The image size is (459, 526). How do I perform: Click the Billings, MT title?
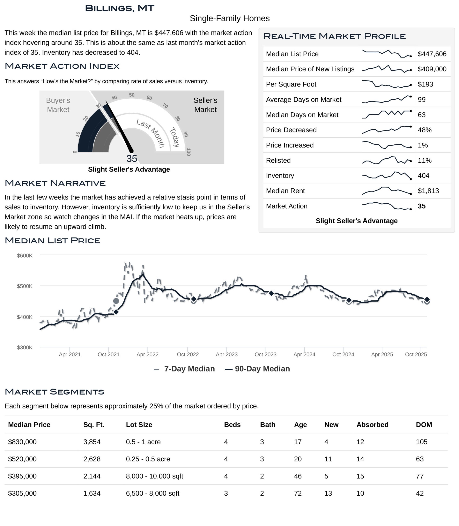coord(119,8)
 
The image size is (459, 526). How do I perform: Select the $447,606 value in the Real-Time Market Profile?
coord(432,54)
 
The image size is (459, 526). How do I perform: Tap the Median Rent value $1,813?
coord(428,191)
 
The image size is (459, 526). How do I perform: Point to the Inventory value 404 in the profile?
coord(423,176)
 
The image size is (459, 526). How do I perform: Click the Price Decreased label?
coord(291,130)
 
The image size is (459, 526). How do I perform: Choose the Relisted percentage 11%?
coord(424,160)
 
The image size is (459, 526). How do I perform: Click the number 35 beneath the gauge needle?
coord(132,159)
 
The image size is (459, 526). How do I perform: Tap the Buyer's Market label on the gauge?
coord(58,105)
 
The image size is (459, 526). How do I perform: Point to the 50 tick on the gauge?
coord(132,95)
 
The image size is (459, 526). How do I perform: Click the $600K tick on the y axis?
coord(25,256)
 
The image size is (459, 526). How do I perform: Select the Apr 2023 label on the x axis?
coord(227,354)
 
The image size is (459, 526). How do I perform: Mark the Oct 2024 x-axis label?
coord(343,354)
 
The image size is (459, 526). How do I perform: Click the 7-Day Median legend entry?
coord(184,369)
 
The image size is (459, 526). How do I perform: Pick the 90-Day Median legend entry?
coord(257,369)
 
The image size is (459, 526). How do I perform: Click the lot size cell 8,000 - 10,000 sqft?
coord(154,476)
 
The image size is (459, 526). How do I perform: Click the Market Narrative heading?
coord(55,183)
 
